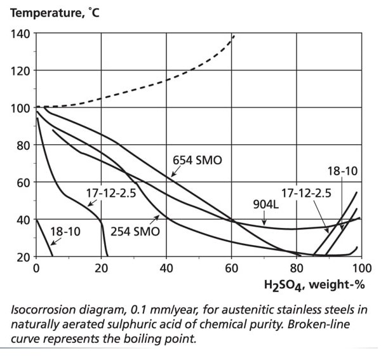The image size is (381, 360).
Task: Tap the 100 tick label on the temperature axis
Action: point(20,108)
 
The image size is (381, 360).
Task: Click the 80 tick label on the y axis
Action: point(22,145)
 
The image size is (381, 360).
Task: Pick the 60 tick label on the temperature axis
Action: point(22,183)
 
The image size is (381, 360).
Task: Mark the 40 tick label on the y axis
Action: point(22,220)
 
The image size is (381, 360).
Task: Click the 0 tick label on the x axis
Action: point(36,269)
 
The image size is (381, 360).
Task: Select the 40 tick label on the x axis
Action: point(166,269)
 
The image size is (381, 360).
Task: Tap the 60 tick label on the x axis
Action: point(232,269)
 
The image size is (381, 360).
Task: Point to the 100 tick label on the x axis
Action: point(361,269)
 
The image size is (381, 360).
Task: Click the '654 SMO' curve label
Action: point(197,161)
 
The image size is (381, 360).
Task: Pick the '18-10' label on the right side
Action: point(344,171)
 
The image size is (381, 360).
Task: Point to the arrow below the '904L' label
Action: point(264,220)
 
